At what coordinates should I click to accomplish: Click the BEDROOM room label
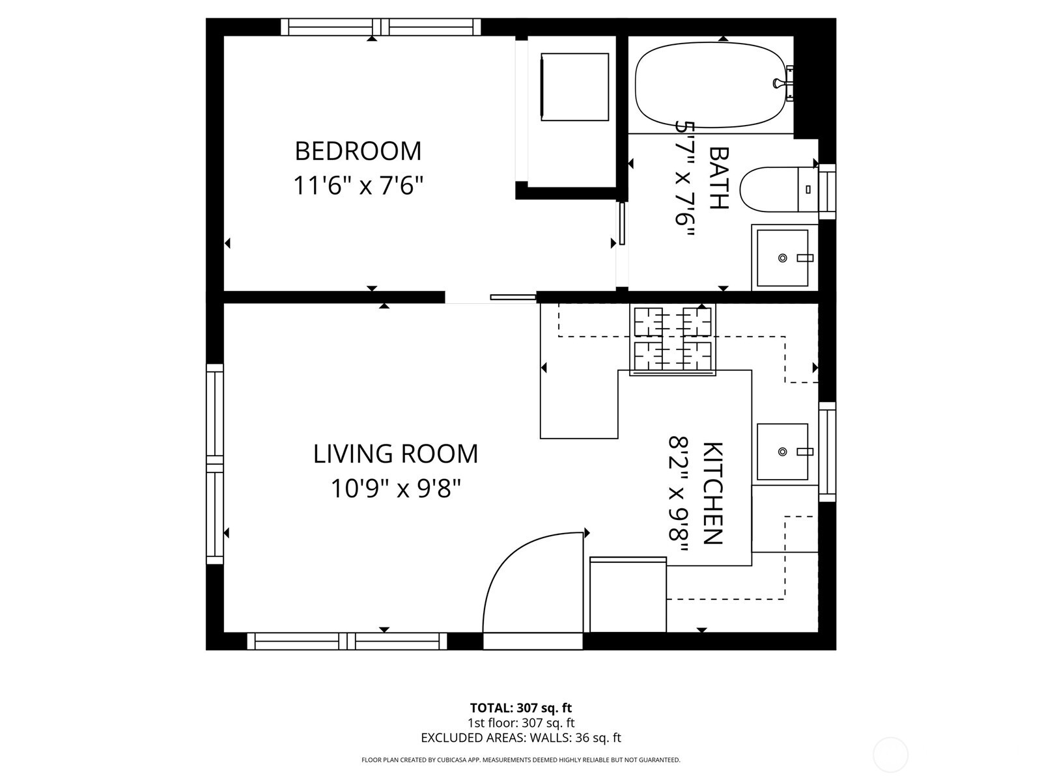pos(358,151)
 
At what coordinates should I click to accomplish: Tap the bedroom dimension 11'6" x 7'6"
pos(358,185)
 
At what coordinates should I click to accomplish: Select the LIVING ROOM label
pos(395,454)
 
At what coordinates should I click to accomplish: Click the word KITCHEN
pos(713,493)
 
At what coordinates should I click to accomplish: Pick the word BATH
pos(718,178)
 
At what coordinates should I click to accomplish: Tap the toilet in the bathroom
pos(775,189)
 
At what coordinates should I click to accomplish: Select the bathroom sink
pos(783,258)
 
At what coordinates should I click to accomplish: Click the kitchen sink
pos(783,452)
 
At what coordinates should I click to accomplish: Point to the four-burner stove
pos(673,340)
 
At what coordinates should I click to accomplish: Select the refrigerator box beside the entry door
pos(628,596)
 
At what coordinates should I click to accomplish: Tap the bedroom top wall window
pos(381,27)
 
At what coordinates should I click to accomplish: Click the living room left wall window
pos(215,463)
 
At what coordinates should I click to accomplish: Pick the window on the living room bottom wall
pos(347,641)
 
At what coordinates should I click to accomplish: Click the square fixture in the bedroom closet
pos(574,87)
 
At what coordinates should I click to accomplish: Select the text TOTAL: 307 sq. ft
pos(520,707)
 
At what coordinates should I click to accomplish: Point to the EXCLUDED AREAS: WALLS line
pos(520,737)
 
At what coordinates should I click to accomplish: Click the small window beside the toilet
pos(826,191)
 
